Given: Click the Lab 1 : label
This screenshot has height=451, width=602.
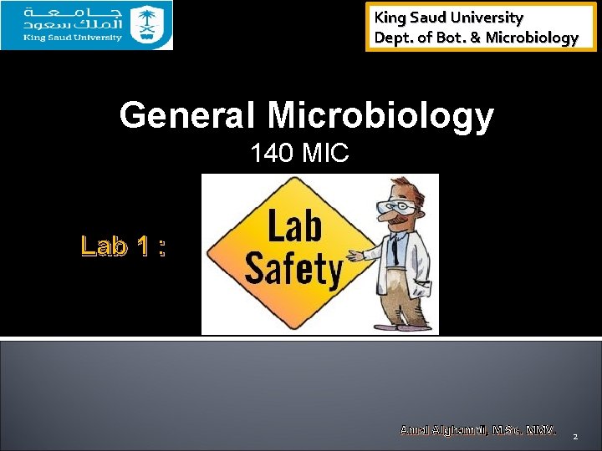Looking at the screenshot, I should (x=124, y=246).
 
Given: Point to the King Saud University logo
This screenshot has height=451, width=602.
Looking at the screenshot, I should (x=86, y=25).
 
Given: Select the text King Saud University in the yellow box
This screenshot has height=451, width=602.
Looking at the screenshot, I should (x=448, y=17).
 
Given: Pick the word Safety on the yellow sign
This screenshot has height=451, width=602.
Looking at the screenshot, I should (x=293, y=269).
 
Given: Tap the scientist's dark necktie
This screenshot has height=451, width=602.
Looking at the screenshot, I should (x=393, y=251).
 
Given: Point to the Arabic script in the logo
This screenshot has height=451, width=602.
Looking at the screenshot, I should (x=75, y=18).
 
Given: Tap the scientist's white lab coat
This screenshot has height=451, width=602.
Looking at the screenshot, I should (x=410, y=276).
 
